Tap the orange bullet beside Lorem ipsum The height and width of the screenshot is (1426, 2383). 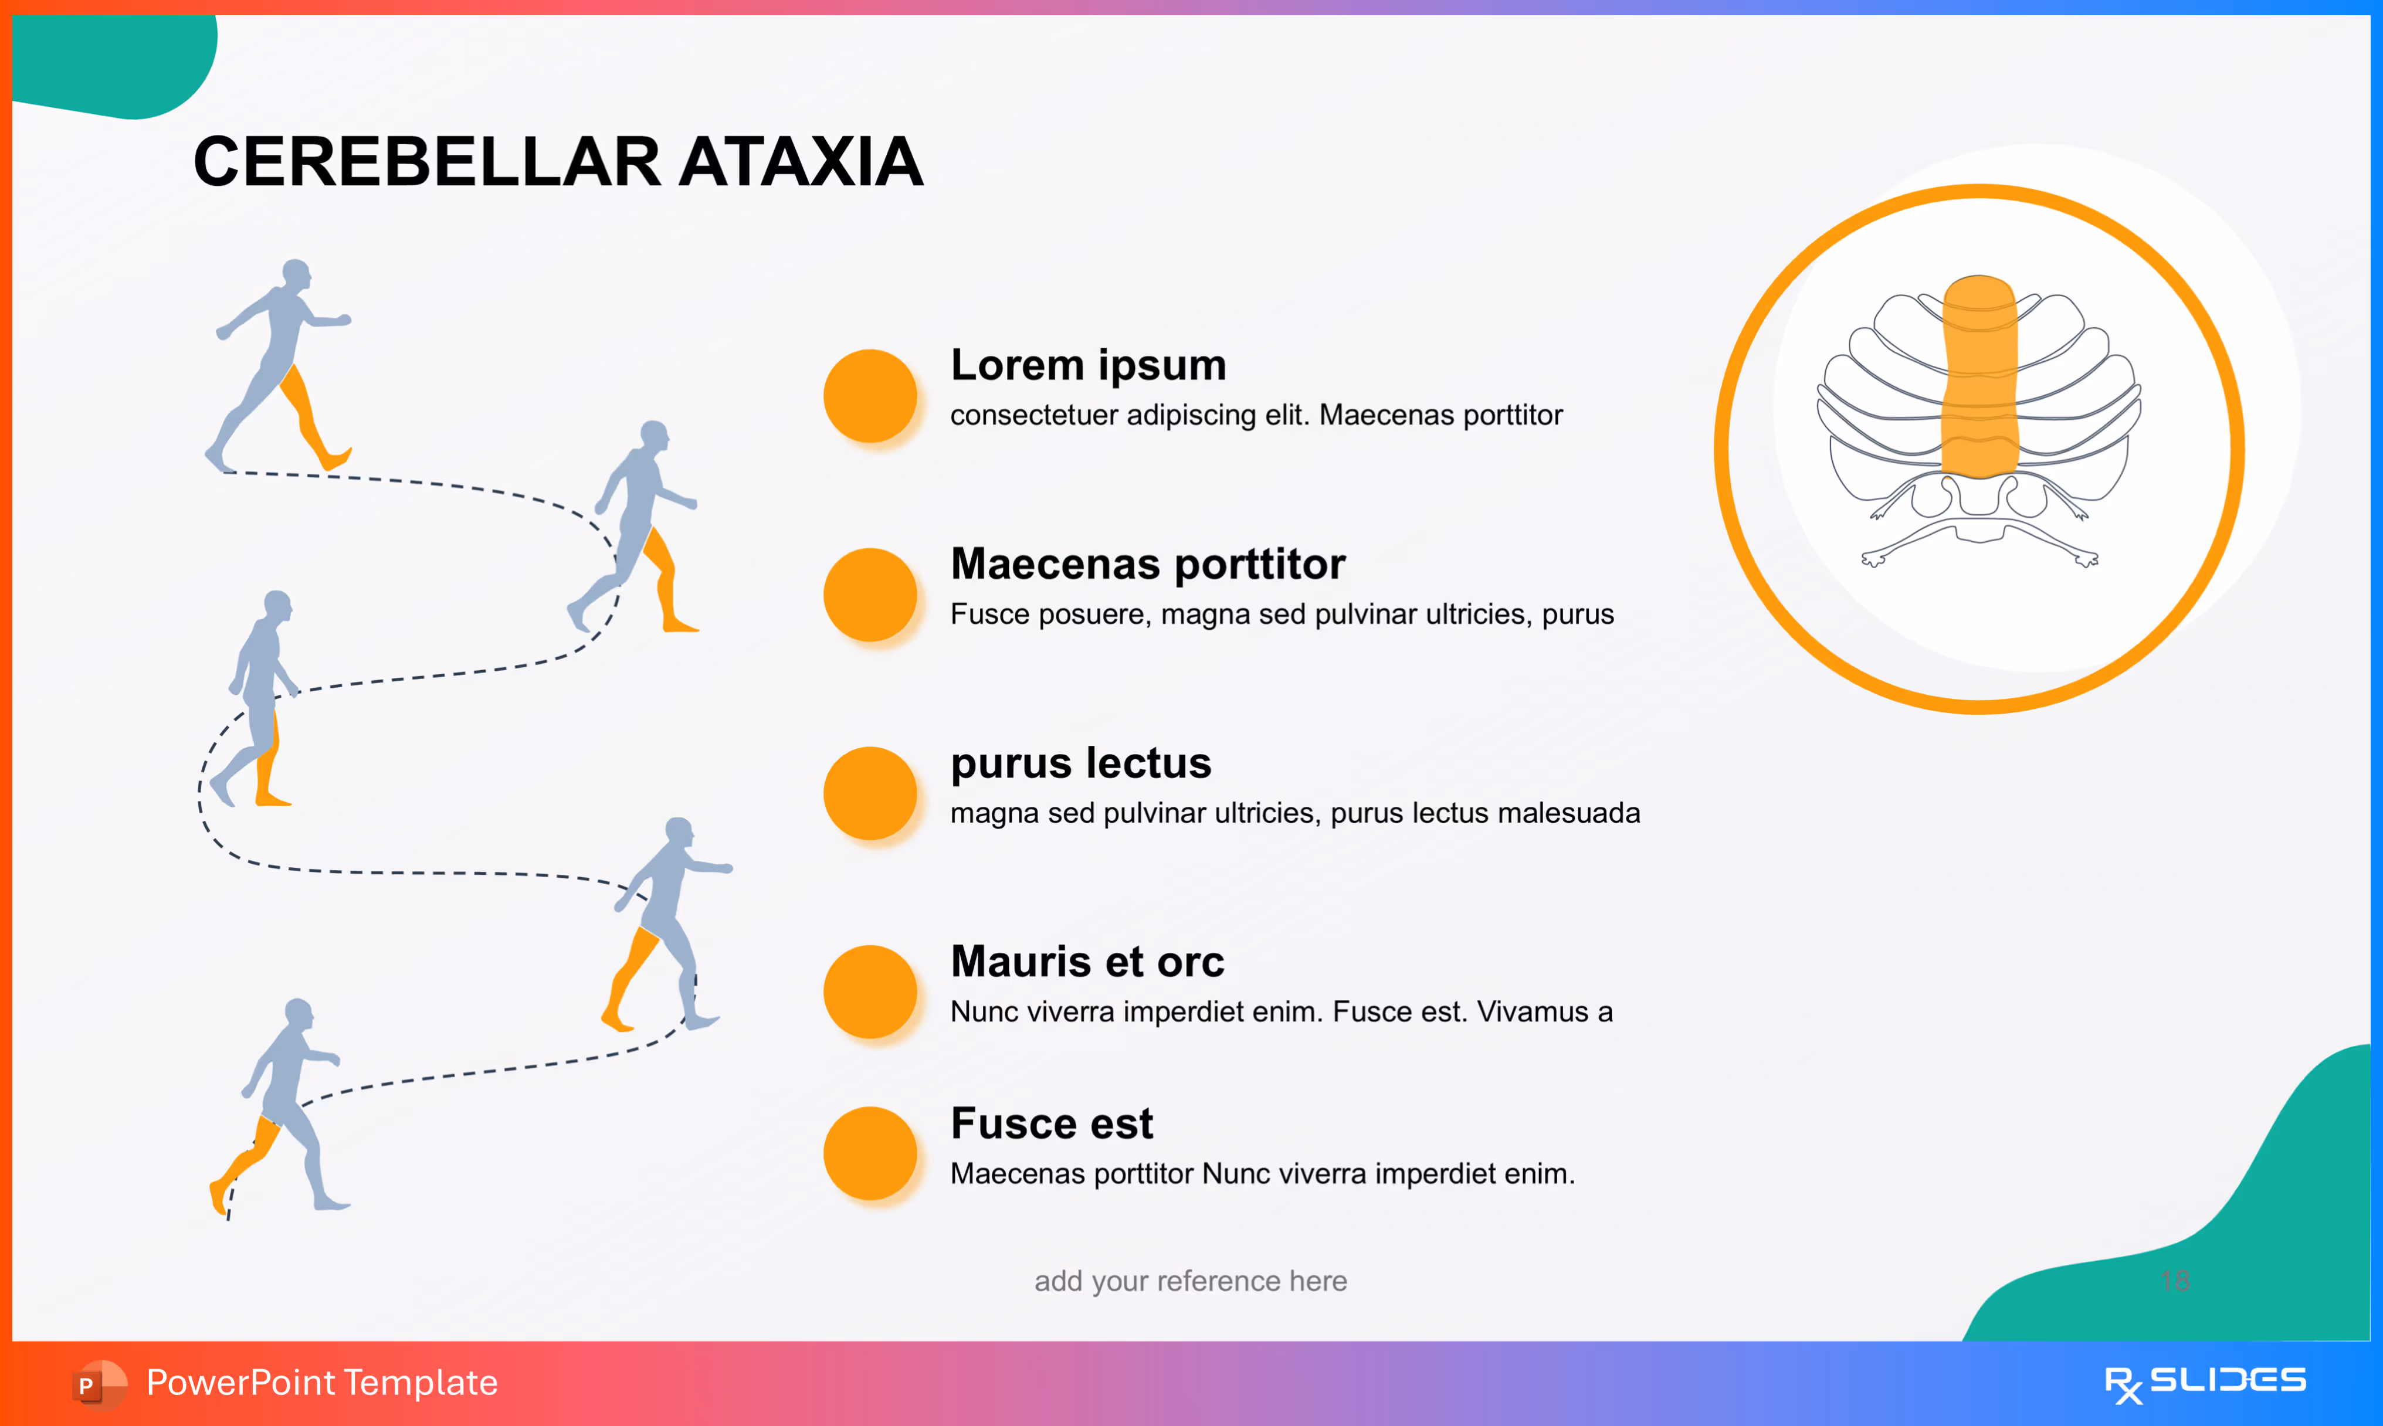tap(870, 395)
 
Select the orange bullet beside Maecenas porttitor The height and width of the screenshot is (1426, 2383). tap(870, 594)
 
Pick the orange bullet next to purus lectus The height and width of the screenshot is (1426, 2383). tap(870, 793)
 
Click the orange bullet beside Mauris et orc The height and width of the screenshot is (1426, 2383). tap(870, 991)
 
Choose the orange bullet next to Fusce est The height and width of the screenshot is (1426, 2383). tap(870, 1152)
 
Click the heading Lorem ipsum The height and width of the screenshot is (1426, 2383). tap(1088, 365)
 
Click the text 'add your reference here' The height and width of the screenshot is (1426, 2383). tap(1191, 1281)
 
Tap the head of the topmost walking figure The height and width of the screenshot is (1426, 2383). tap(297, 274)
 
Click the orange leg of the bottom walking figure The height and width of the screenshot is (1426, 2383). tap(245, 1158)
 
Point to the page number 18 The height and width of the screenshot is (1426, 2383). tap(2174, 1280)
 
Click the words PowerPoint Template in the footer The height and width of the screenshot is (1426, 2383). tap(322, 1383)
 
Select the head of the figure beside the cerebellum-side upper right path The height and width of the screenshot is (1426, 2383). tap(655, 435)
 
